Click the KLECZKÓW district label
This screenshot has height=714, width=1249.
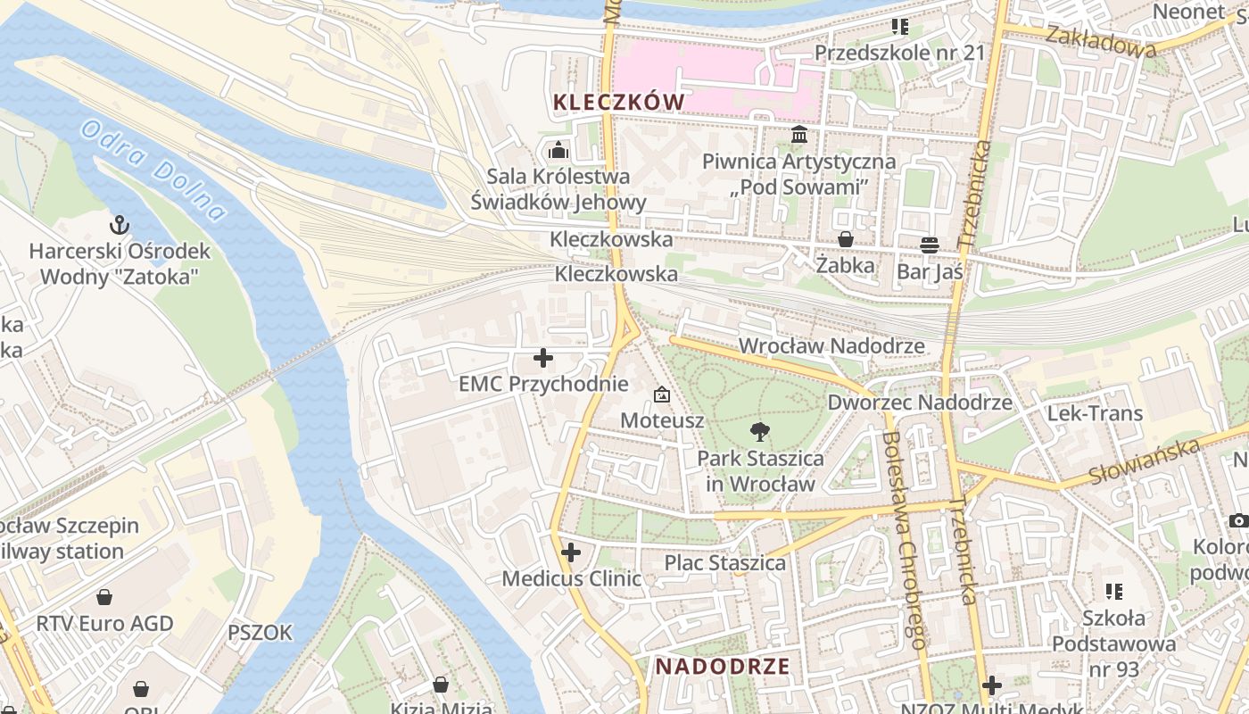coord(618,102)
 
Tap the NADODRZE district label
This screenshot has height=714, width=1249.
coord(723,666)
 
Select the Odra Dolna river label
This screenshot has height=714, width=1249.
coord(153,170)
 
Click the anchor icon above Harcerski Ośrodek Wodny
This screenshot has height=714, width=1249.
coord(119,224)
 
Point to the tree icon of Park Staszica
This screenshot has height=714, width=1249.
coord(760,432)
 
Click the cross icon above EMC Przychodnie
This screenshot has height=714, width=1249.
coord(542,359)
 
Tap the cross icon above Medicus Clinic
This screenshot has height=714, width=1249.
coord(571,552)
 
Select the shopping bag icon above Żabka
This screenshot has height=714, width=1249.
coord(845,239)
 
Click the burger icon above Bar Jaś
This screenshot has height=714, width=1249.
coord(930,245)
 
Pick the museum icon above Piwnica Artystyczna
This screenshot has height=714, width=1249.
coord(799,136)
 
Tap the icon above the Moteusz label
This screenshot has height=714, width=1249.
coord(662,394)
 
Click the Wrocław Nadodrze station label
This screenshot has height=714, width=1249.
coord(831,345)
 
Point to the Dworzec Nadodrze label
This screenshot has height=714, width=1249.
coord(920,402)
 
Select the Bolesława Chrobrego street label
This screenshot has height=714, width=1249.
coord(903,539)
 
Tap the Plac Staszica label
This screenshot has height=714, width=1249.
coord(724,562)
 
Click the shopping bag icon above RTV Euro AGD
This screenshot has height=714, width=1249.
coord(104,597)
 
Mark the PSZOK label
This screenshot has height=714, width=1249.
coord(260,633)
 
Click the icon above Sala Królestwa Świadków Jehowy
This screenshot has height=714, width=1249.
coord(558,149)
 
